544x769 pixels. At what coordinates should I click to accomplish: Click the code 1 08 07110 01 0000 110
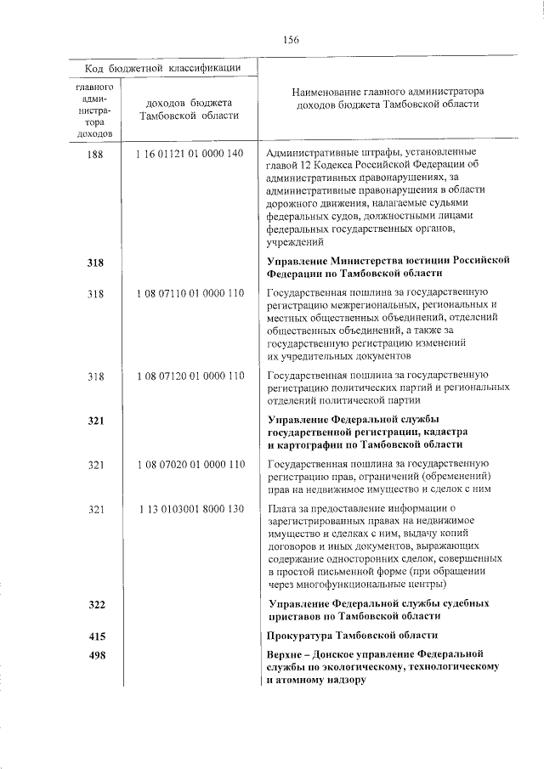tap(189, 294)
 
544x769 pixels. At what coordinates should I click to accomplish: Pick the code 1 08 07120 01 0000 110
tap(189, 376)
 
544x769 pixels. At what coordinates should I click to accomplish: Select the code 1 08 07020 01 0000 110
tap(189, 465)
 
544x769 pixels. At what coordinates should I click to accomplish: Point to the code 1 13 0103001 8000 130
tap(189, 509)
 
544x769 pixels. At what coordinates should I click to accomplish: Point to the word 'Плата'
tap(281, 509)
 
